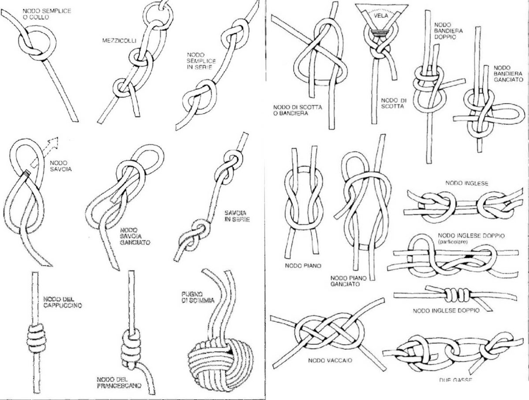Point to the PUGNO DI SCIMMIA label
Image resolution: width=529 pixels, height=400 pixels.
197,296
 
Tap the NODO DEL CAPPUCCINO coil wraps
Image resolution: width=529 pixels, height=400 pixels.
36,337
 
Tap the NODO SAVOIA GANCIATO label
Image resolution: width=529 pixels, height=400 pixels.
134,236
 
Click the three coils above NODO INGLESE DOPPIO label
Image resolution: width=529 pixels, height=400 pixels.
450,294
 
